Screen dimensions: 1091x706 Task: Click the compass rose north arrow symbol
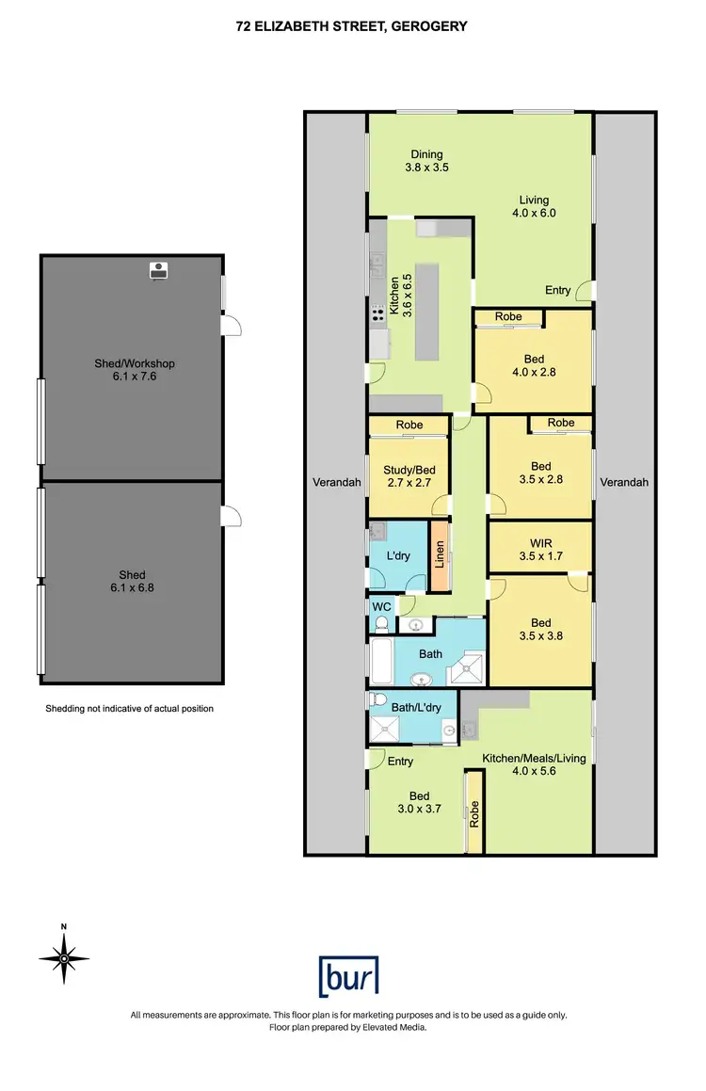tap(64, 958)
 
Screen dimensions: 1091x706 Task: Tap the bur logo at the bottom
tap(349, 976)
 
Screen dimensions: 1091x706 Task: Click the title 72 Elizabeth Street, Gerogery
tap(352, 27)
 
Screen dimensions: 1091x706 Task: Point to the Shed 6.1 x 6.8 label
tap(133, 581)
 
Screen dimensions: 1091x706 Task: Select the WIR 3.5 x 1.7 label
tap(540, 550)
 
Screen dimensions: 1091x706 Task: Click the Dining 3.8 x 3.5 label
tap(425, 161)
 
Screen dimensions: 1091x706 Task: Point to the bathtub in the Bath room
tap(382, 663)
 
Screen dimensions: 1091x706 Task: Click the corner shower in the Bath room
tap(468, 669)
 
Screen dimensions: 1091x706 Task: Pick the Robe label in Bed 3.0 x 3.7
tap(474, 811)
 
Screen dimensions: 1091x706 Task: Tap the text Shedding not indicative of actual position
tap(130, 708)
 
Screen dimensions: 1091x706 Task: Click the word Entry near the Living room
tap(557, 290)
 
